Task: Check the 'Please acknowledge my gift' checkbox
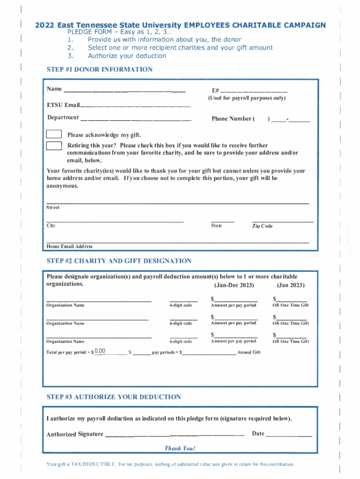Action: click(54, 135)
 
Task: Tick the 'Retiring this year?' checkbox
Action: click(54, 145)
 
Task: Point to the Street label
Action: click(53, 207)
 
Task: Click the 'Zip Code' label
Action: click(262, 226)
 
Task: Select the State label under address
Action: click(216, 226)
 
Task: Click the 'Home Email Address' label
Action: click(69, 247)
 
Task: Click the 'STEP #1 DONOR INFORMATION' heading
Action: click(100, 70)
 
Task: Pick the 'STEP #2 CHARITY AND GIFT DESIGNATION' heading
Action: click(119, 261)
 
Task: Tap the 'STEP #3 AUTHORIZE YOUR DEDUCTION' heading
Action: click(114, 397)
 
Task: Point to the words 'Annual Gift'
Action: click(249, 352)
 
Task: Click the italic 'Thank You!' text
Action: click(180, 449)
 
